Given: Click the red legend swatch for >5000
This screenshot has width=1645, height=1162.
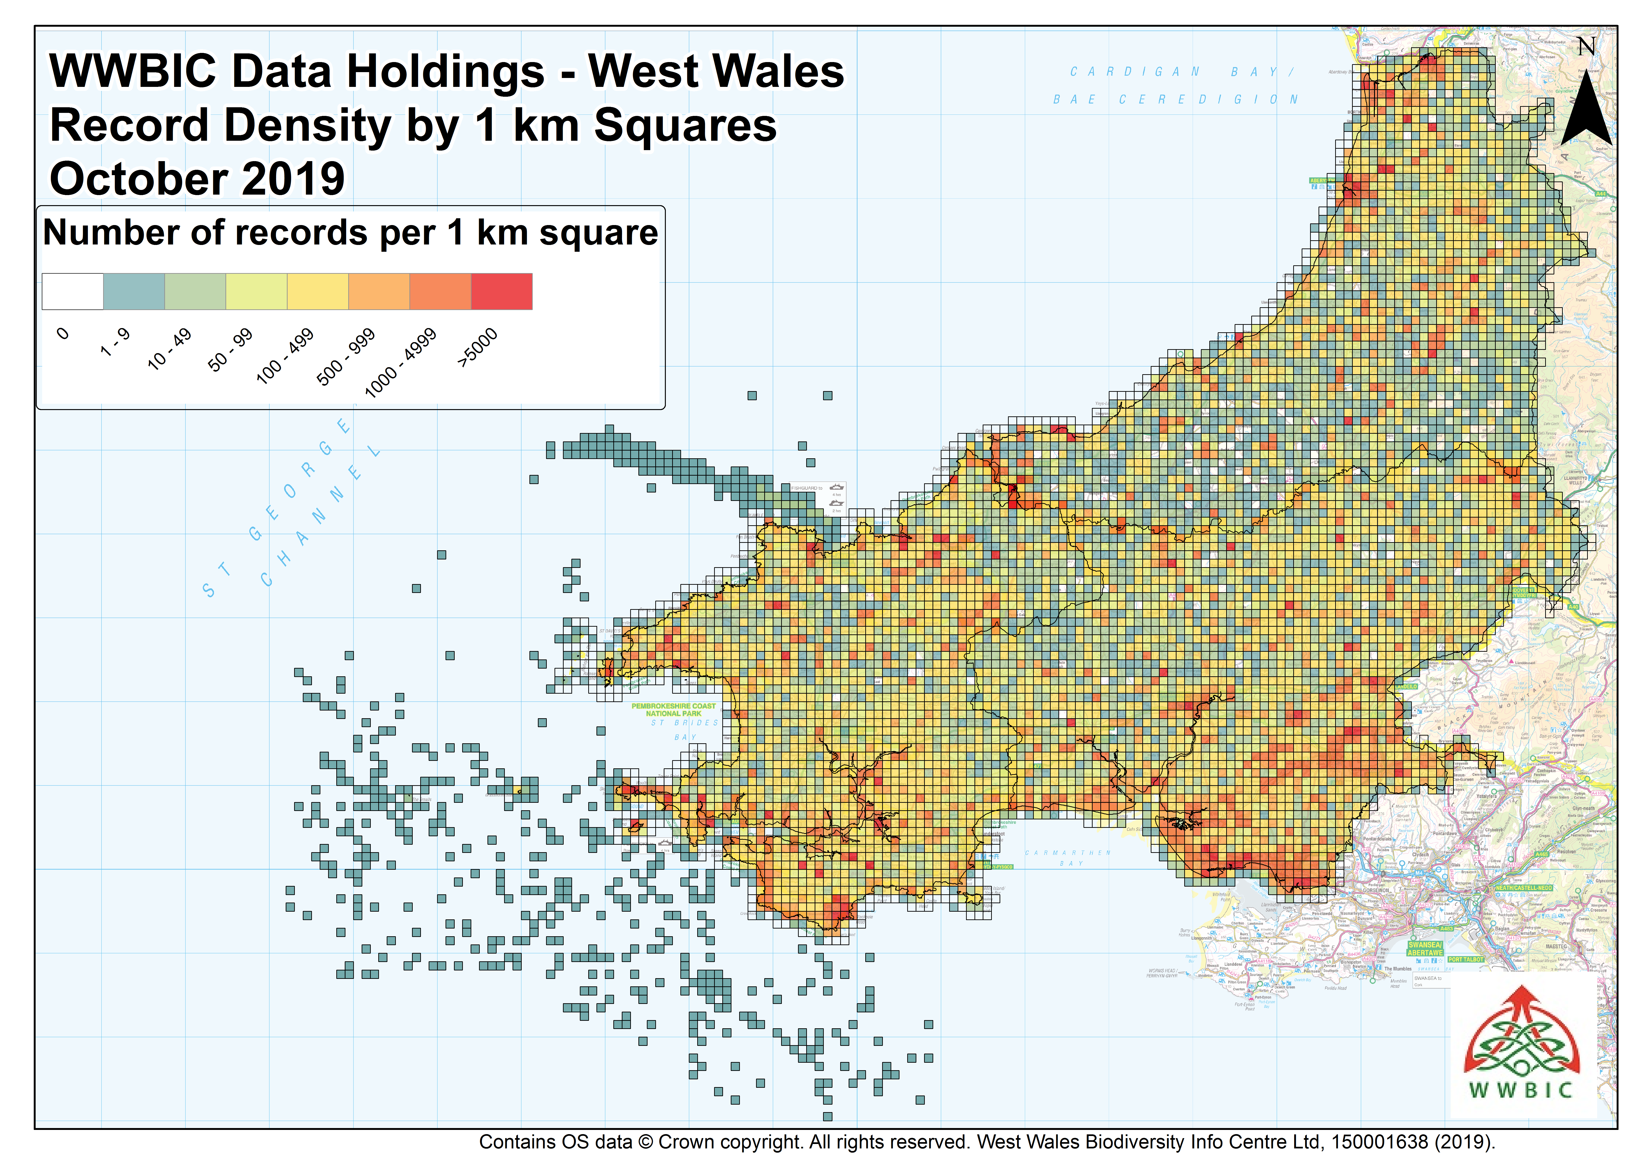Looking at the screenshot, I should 502,291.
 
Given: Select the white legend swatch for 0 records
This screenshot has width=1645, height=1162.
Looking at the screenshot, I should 72,291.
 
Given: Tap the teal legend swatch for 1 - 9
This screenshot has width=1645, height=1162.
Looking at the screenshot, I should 134,291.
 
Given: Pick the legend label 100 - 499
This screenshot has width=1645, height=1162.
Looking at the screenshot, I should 285,356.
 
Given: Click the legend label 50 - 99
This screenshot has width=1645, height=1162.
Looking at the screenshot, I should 230,350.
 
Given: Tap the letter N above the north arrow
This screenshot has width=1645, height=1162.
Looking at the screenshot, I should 1586,47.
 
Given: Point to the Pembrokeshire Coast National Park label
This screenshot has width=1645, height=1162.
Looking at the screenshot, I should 674,710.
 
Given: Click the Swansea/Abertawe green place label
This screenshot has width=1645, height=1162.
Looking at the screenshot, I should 1425,949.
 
